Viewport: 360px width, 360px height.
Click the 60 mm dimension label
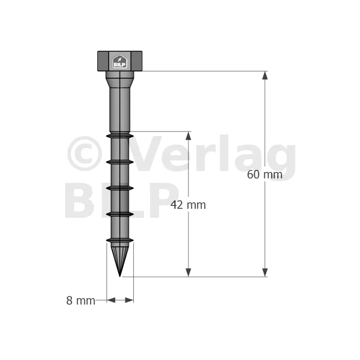pyautogui.click(x=264, y=175)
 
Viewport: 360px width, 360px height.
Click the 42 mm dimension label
pyautogui.click(x=188, y=205)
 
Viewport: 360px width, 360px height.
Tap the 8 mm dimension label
pyautogui.click(x=80, y=300)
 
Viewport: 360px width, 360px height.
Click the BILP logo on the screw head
pyautogui.click(x=119, y=61)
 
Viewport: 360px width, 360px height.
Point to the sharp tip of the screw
pyautogui.click(x=120, y=276)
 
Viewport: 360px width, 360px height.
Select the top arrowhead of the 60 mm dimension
pyautogui.click(x=265, y=75)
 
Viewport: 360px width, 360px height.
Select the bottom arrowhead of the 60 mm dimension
pyautogui.click(x=265, y=272)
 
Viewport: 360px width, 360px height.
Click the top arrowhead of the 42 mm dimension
pyautogui.click(x=188, y=136)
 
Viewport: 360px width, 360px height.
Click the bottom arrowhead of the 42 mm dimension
pyautogui.click(x=188, y=272)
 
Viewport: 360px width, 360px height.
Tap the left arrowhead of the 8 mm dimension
pyautogui.click(x=111, y=300)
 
